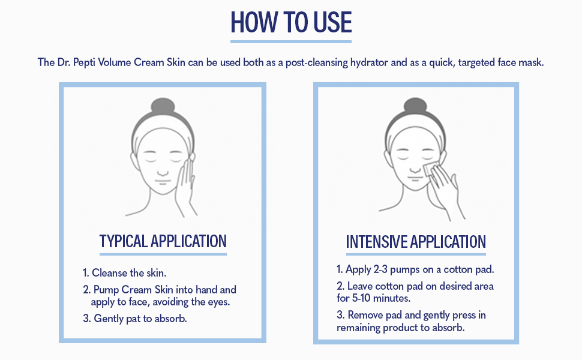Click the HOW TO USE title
pos(291,22)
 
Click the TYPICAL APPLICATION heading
pos(163,241)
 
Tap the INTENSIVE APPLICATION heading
pos(416,242)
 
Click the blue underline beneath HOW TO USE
pos(291,41)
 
